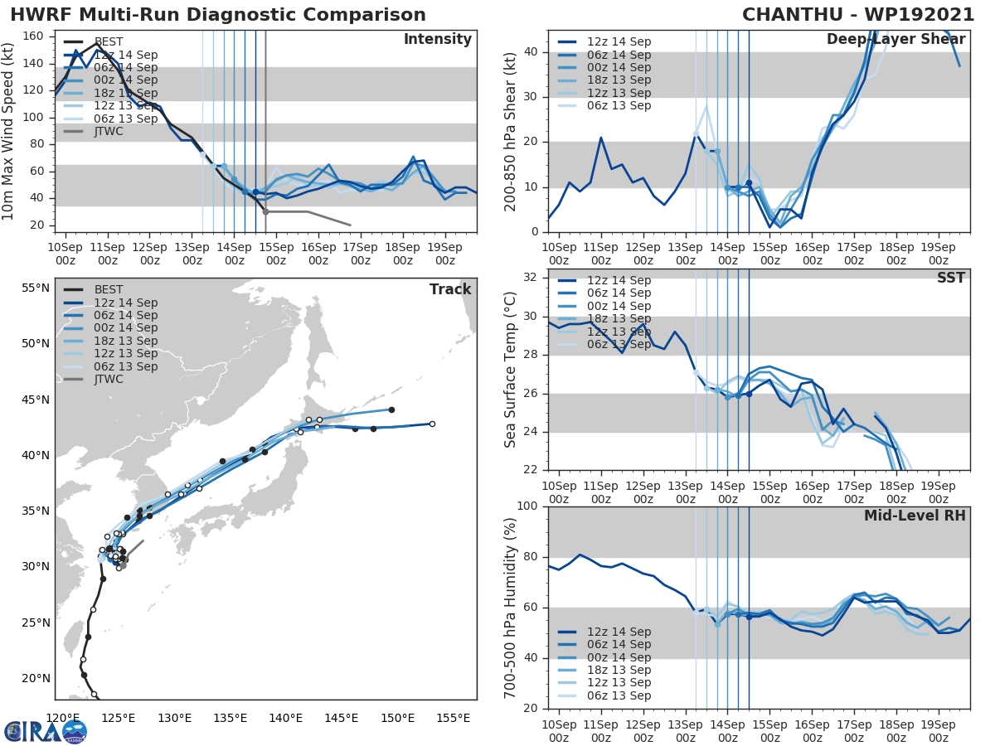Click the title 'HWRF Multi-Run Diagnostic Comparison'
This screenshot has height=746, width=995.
(218, 15)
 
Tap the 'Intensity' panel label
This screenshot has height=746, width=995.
(437, 40)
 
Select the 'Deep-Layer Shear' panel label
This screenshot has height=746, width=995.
(895, 40)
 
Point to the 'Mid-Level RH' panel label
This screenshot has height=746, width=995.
(915, 516)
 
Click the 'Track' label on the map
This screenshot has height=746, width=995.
(450, 289)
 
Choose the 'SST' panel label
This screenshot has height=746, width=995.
(951, 278)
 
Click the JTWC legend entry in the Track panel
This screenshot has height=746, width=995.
(109, 380)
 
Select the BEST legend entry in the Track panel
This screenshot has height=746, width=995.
(109, 290)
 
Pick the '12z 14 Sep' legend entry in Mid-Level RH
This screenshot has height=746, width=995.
(619, 632)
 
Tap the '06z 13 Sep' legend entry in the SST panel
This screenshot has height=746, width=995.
(619, 345)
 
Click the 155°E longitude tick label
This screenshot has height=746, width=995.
(454, 718)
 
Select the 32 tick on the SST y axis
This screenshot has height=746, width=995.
(531, 278)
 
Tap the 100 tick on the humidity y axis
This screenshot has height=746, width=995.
(527, 506)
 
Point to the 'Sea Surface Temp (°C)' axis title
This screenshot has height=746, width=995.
(511, 370)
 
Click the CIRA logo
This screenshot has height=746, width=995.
(46, 731)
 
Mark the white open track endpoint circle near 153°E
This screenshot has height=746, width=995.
(432, 424)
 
